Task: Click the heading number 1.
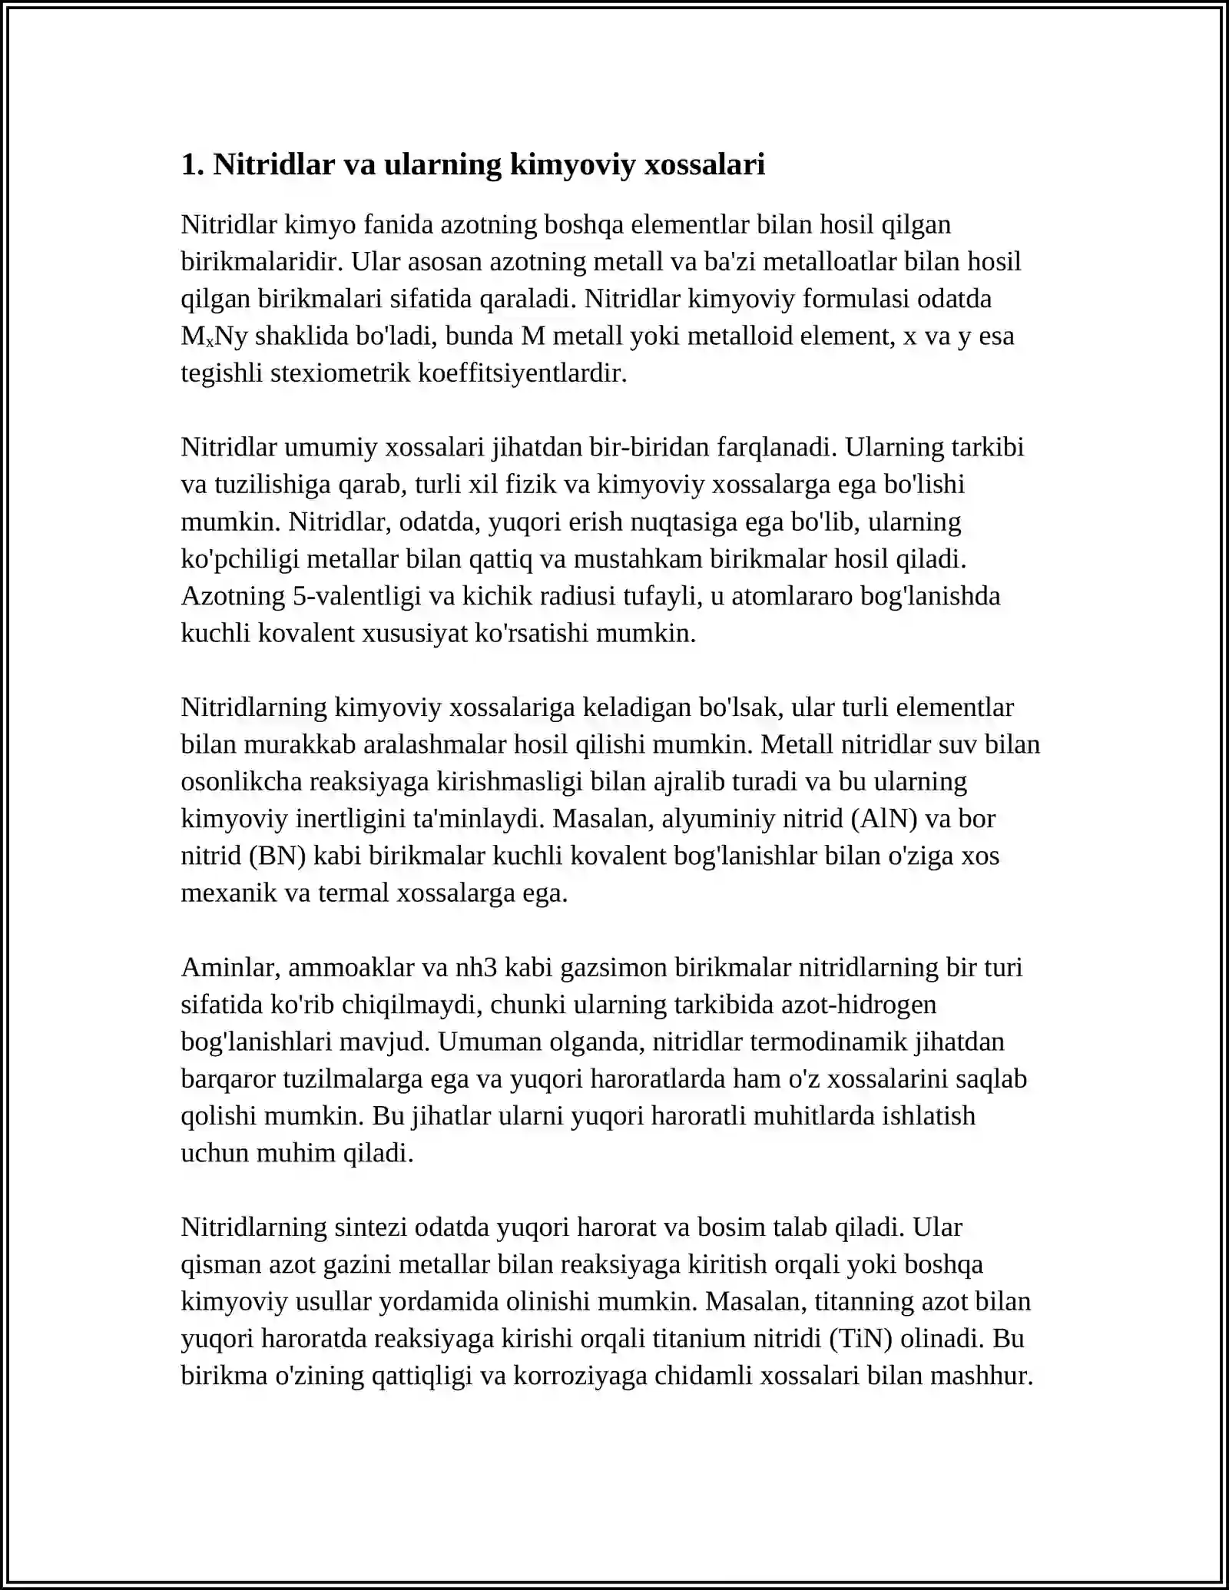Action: pyautogui.click(x=191, y=164)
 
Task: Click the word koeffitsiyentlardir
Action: pyautogui.click(x=522, y=373)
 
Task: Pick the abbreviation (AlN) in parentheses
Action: pyautogui.click(x=883, y=819)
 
